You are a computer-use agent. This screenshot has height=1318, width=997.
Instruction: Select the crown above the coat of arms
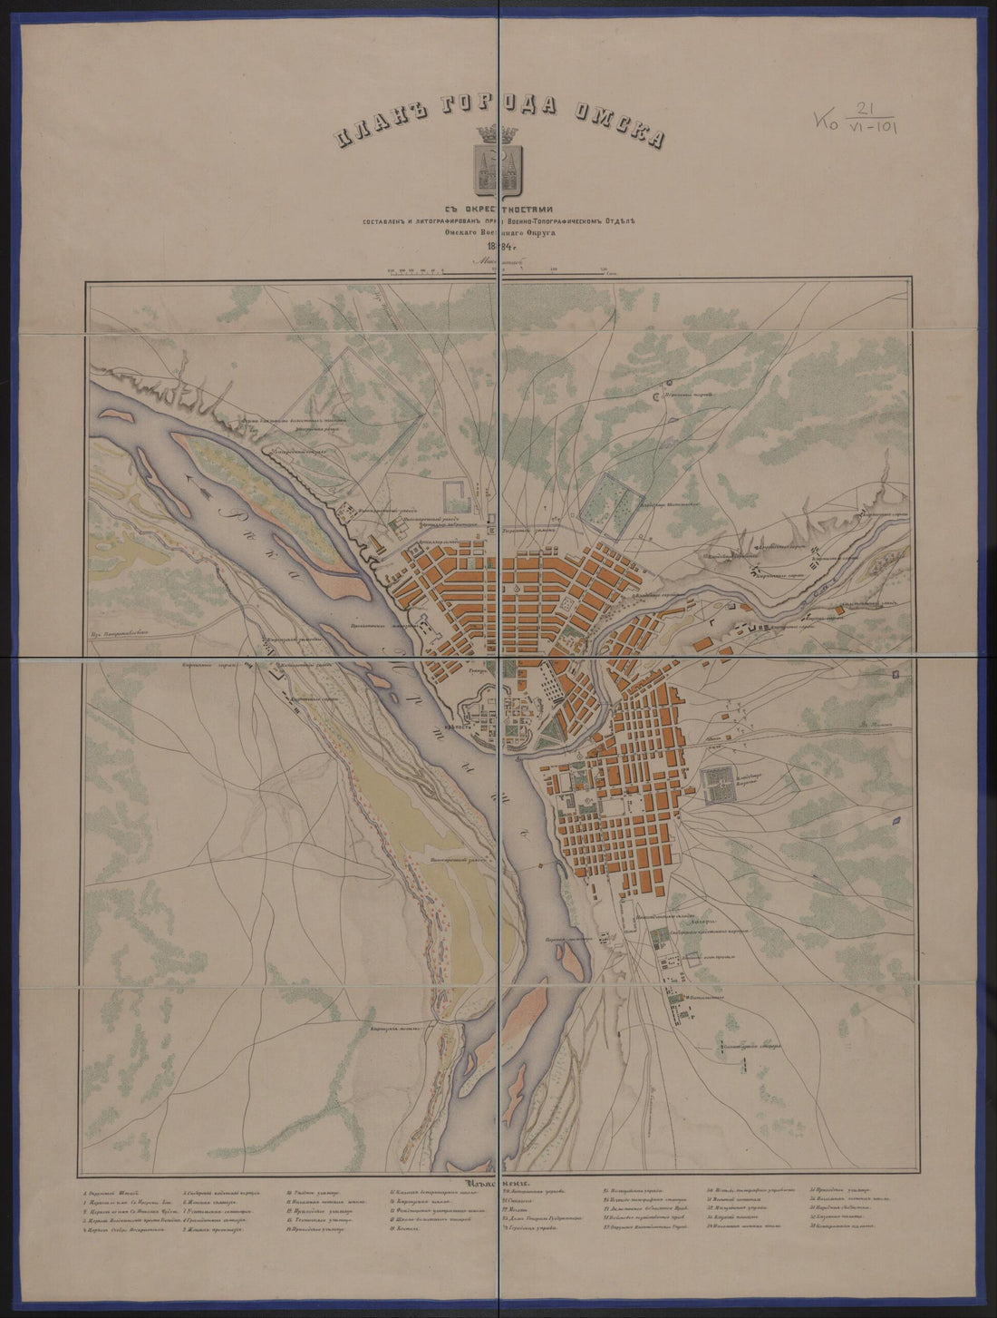pos(497,132)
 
